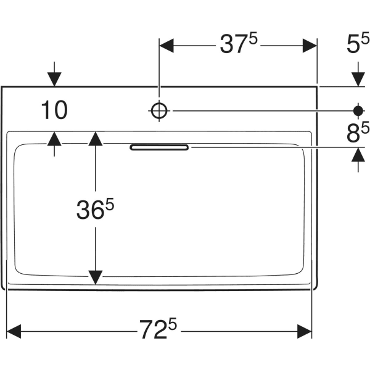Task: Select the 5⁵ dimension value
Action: tap(357, 44)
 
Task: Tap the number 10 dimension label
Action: tap(54, 110)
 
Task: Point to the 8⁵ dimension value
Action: tap(357, 133)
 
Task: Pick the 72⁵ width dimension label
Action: tap(158, 331)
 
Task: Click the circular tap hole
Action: tap(159, 110)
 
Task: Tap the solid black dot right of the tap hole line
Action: tap(358, 110)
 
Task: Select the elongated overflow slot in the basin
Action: tap(159, 147)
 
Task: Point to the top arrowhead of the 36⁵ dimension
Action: tap(95, 139)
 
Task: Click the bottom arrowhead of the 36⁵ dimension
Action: tap(95, 277)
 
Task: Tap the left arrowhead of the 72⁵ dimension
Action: tap(14, 331)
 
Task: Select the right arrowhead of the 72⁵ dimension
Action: tap(305, 331)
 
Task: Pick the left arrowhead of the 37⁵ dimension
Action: tap(168, 44)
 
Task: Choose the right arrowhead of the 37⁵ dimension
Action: tap(309, 44)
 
